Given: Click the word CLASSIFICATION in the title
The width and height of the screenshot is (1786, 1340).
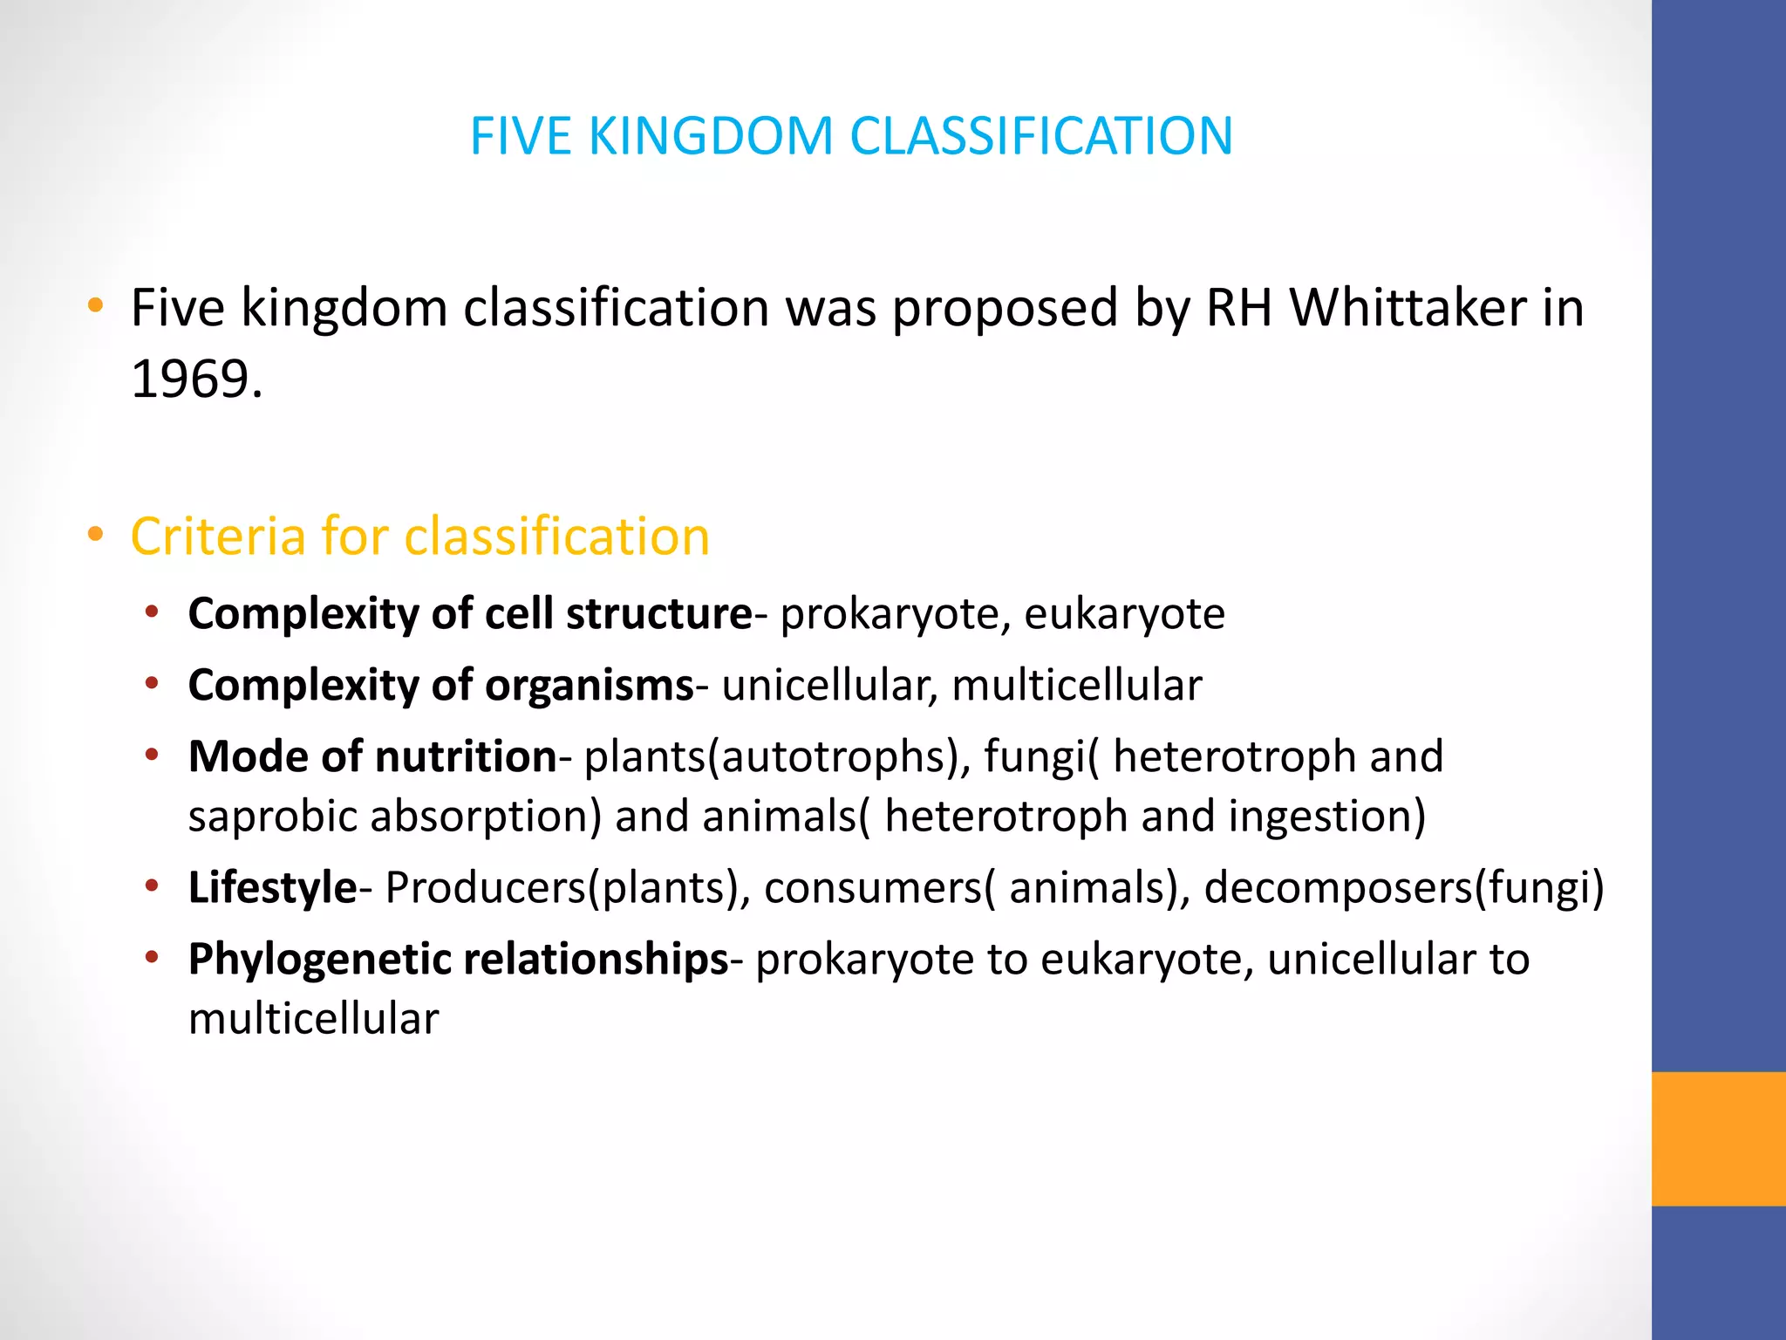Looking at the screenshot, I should point(1041,136).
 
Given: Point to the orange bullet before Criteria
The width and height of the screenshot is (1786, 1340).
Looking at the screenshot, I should point(96,534).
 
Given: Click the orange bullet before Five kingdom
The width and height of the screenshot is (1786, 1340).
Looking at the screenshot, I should point(96,306).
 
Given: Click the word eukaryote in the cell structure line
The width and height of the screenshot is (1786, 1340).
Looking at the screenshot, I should point(1124,613).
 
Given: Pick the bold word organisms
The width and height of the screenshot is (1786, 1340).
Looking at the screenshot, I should point(589,686).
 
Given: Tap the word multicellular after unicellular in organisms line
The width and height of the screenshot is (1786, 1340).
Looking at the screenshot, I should point(1077,686).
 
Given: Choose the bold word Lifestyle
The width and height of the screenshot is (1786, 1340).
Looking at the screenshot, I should point(272,888).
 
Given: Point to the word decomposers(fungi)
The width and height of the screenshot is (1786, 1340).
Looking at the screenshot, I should point(1404,888).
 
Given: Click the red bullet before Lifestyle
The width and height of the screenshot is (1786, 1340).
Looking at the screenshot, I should point(152,886).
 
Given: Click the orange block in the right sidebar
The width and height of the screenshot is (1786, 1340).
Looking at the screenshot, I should point(1718,1138).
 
